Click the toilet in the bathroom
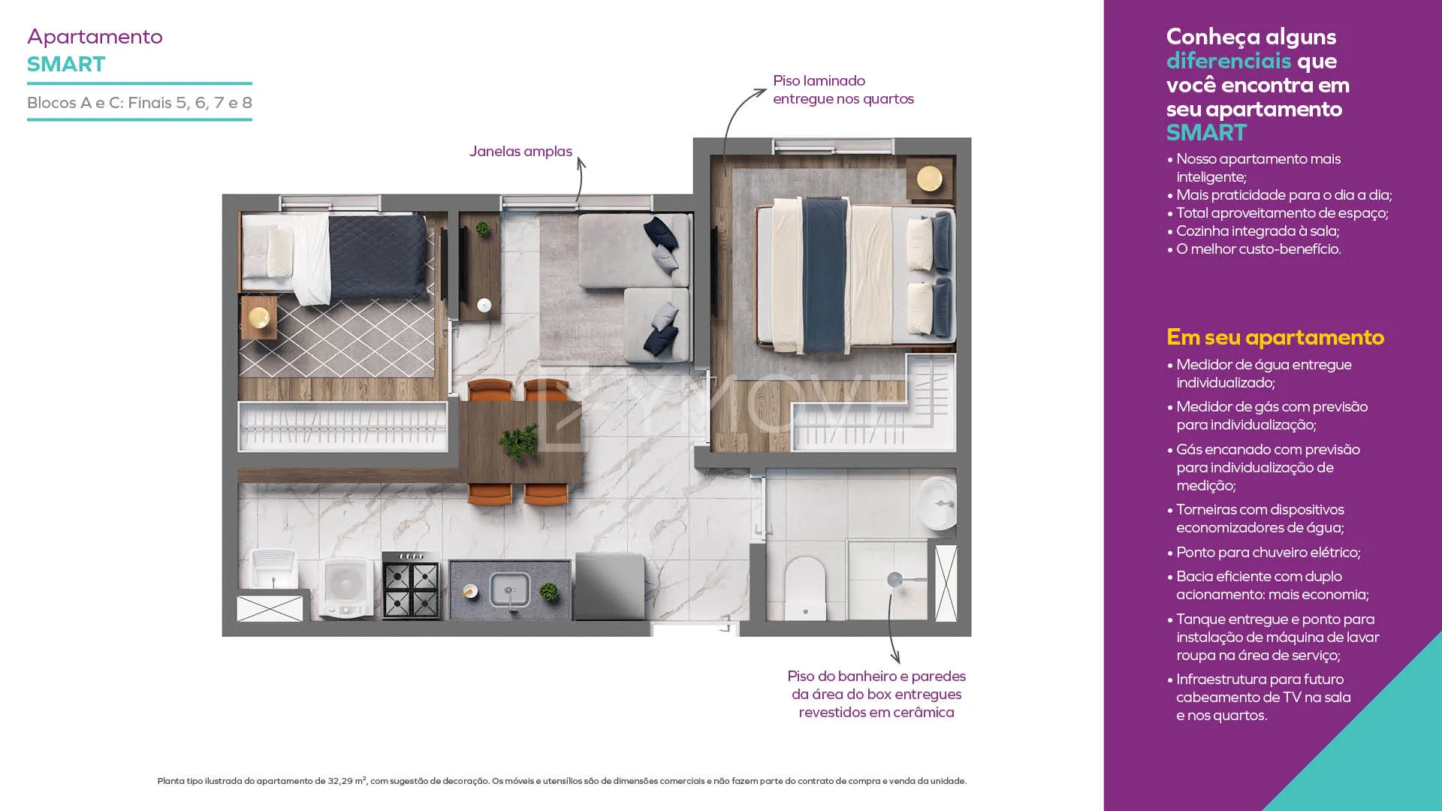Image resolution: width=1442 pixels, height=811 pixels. [805, 588]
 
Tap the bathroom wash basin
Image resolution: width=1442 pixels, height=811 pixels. [937, 502]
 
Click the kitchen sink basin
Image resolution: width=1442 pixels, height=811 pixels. [510, 589]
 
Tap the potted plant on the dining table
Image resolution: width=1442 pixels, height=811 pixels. [520, 440]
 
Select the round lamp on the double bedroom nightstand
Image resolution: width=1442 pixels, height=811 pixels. [930, 179]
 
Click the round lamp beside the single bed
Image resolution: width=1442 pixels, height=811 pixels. [259, 317]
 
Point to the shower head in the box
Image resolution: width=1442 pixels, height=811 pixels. [894, 580]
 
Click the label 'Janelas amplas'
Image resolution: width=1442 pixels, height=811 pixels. [520, 152]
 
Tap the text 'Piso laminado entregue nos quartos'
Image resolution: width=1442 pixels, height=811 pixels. [843, 90]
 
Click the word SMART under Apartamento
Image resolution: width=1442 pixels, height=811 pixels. [66, 65]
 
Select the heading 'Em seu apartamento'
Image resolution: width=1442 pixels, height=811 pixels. [1275, 338]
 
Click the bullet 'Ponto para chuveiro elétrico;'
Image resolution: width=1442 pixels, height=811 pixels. [1269, 553]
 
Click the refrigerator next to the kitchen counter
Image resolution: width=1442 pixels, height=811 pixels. [610, 586]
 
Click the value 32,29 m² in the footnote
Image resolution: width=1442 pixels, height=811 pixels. [347, 781]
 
